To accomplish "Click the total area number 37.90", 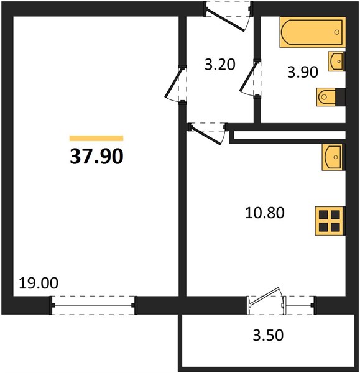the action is pyautogui.click(x=96, y=156).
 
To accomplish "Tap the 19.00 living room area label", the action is pyautogui.click(x=39, y=283).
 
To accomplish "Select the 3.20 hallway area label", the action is pyautogui.click(x=220, y=65).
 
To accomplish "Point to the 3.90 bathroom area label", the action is pyautogui.click(x=302, y=72).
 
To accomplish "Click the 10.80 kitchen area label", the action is pyautogui.click(x=265, y=213).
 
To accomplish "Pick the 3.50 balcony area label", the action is pyautogui.click(x=268, y=335).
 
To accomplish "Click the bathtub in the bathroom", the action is pyautogui.click(x=312, y=32).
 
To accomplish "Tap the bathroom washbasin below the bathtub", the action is pyautogui.click(x=336, y=61).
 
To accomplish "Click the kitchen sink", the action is pyautogui.click(x=333, y=157).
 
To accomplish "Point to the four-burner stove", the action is pyautogui.click(x=330, y=221).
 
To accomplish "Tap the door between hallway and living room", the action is pyautogui.click(x=175, y=84).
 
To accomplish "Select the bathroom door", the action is pyautogui.click(x=250, y=78).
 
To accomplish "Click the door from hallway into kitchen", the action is pyautogui.click(x=208, y=133).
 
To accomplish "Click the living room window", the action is pyautogui.click(x=93, y=305).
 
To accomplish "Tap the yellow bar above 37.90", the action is pyautogui.click(x=96, y=138).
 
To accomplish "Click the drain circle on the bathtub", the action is pyautogui.click(x=336, y=32).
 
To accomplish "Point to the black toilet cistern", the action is pyautogui.click(x=340, y=97).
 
